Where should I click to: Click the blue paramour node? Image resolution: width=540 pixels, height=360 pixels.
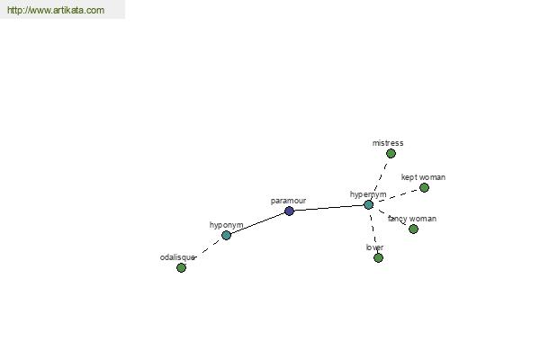tap(289, 211)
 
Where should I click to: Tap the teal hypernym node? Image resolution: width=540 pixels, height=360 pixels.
tap(368, 204)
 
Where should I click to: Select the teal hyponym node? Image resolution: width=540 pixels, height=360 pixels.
tap(226, 235)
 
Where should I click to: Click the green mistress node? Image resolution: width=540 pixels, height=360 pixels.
tap(391, 153)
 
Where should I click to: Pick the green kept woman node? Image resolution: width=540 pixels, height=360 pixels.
tap(424, 187)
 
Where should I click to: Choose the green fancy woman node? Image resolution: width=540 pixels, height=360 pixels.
tap(414, 229)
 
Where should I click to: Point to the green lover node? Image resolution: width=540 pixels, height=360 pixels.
tap(379, 257)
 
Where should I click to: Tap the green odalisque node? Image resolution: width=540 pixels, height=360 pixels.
tap(181, 267)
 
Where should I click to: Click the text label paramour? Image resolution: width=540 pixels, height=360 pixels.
tap(288, 201)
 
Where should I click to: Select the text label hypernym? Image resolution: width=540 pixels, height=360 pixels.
tap(368, 194)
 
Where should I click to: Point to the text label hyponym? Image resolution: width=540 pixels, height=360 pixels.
tap(226, 225)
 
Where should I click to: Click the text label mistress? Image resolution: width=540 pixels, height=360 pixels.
tap(388, 143)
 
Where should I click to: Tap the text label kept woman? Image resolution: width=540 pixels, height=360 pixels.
tap(423, 177)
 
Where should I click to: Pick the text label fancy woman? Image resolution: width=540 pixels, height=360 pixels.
tap(412, 219)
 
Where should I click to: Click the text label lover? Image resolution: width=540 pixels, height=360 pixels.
tap(374, 247)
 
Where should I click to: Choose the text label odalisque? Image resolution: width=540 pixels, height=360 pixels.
tap(177, 257)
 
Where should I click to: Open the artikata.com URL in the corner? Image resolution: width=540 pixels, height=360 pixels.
tap(56, 10)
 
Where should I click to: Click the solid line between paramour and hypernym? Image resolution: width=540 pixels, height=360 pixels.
tap(328, 208)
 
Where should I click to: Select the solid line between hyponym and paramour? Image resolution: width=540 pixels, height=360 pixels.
tap(257, 223)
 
